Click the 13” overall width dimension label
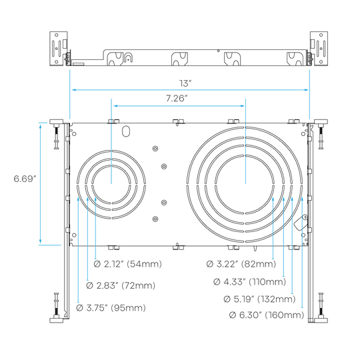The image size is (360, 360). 185,83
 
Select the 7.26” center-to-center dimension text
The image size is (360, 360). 177,99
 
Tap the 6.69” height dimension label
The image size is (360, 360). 25,179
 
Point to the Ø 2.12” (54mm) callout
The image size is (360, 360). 127,264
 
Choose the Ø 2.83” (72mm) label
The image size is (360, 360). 121,285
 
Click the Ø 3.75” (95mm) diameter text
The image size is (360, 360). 111,307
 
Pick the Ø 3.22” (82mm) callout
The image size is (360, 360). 241,264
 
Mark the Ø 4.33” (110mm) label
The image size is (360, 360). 249,281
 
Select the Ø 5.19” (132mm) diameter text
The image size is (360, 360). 259,299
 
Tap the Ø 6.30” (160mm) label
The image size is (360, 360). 267,315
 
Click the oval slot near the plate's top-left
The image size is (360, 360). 126,131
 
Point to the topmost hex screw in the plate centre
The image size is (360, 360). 155,149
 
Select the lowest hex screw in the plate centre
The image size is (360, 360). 155,219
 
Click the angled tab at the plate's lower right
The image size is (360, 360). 301,222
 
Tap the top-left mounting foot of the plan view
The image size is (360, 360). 56,122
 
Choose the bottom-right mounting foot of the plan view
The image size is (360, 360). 321,320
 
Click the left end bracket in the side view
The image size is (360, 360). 59,49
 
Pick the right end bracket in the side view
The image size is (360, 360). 319,49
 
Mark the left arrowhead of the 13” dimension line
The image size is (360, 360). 74,90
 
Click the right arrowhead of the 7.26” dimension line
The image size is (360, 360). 242,106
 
